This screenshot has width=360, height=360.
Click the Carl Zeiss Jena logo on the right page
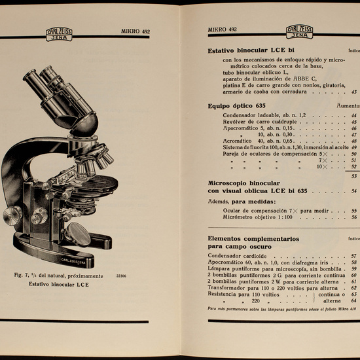click(300, 32)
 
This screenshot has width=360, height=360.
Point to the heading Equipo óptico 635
click(236, 105)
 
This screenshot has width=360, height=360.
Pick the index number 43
click(354, 92)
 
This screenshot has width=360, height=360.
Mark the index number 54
click(354, 191)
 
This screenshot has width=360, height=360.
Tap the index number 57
click(354, 255)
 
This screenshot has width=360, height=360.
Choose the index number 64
click(354, 300)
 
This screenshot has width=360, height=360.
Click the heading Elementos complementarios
click(253, 239)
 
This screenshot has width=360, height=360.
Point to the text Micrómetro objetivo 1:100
click(256, 217)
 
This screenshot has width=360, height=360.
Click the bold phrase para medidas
click(255, 202)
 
